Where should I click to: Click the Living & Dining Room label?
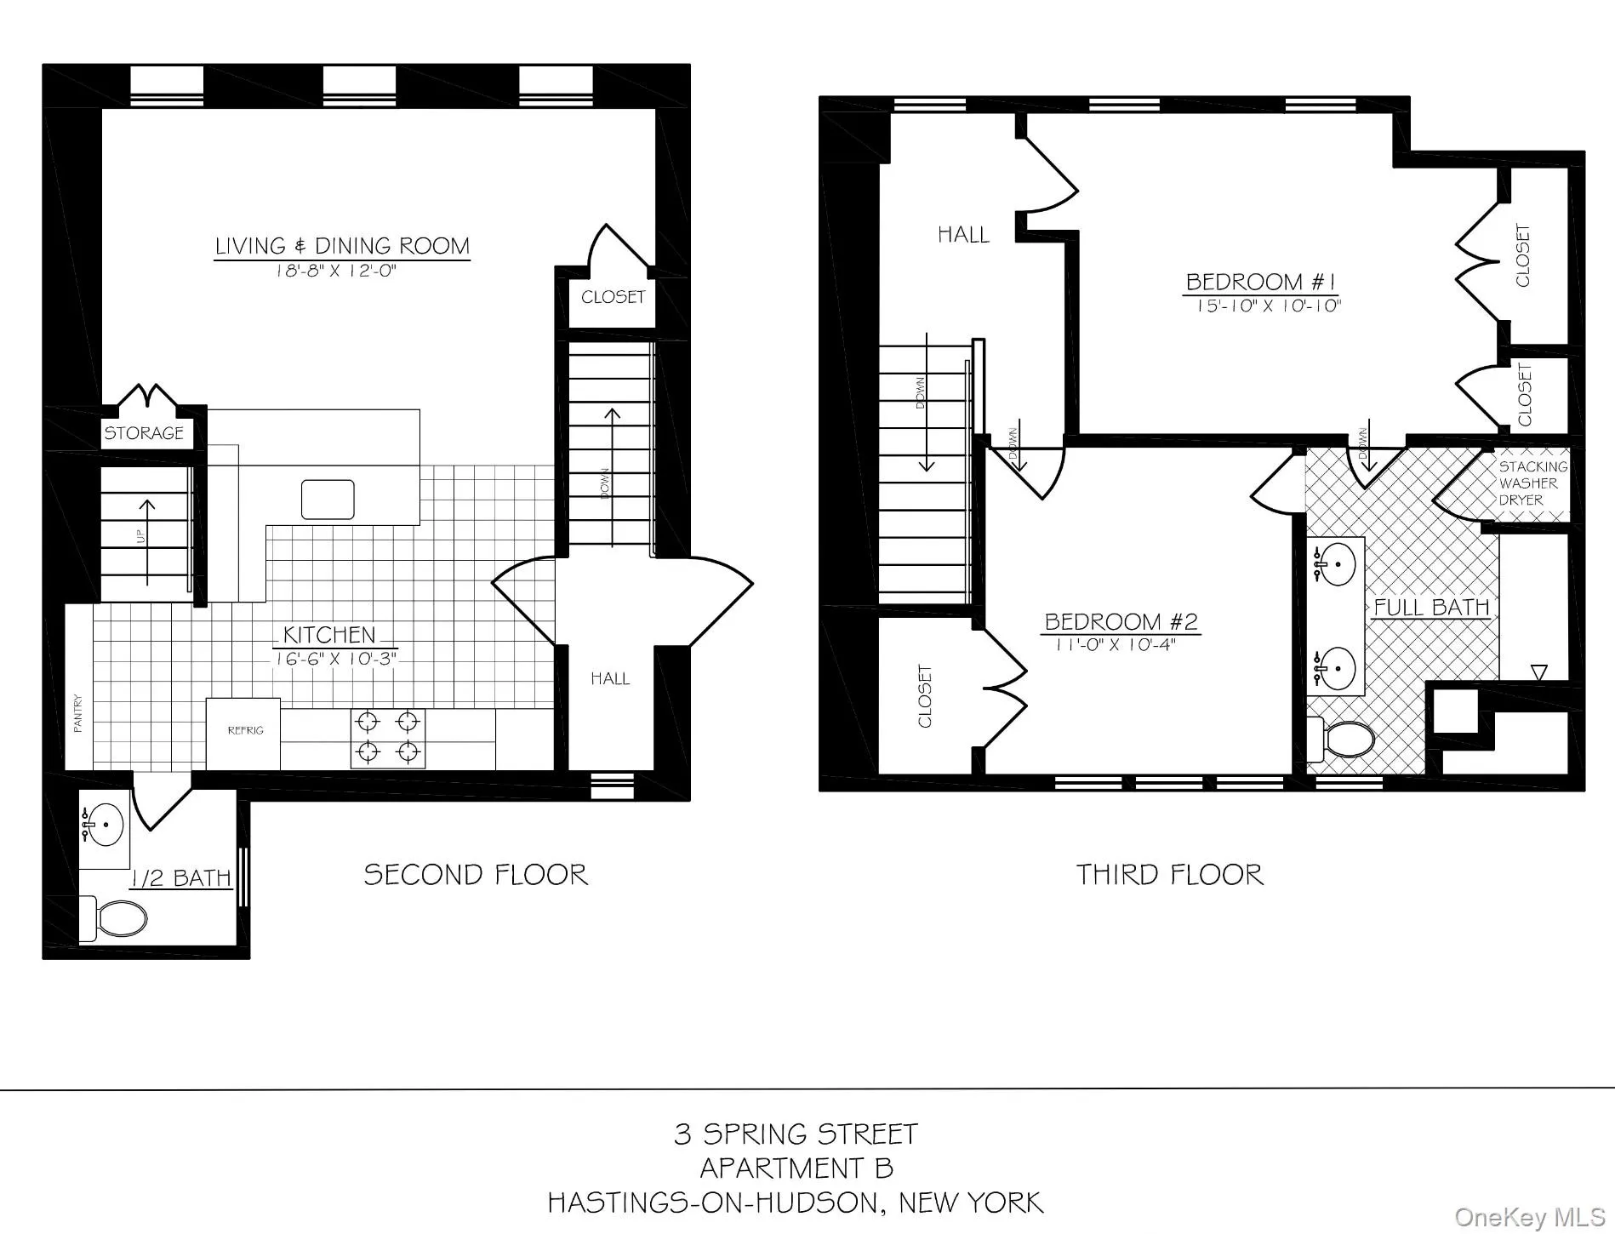pos(341,247)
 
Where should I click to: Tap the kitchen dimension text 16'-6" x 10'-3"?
pos(335,659)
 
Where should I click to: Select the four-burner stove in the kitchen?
pos(388,738)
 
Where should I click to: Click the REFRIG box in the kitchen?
pos(244,731)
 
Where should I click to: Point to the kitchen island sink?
pos(328,500)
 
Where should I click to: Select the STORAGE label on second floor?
pos(144,433)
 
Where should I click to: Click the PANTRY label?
pos(78,713)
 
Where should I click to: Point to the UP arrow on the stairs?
pos(147,541)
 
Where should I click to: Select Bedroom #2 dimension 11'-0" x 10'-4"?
pos(1115,644)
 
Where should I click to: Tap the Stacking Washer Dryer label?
pos(1532,483)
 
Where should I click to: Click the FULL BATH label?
pos(1431,608)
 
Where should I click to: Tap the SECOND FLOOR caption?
pos(476,875)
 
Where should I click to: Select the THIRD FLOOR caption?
pos(1170,875)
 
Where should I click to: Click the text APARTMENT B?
pos(796,1168)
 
